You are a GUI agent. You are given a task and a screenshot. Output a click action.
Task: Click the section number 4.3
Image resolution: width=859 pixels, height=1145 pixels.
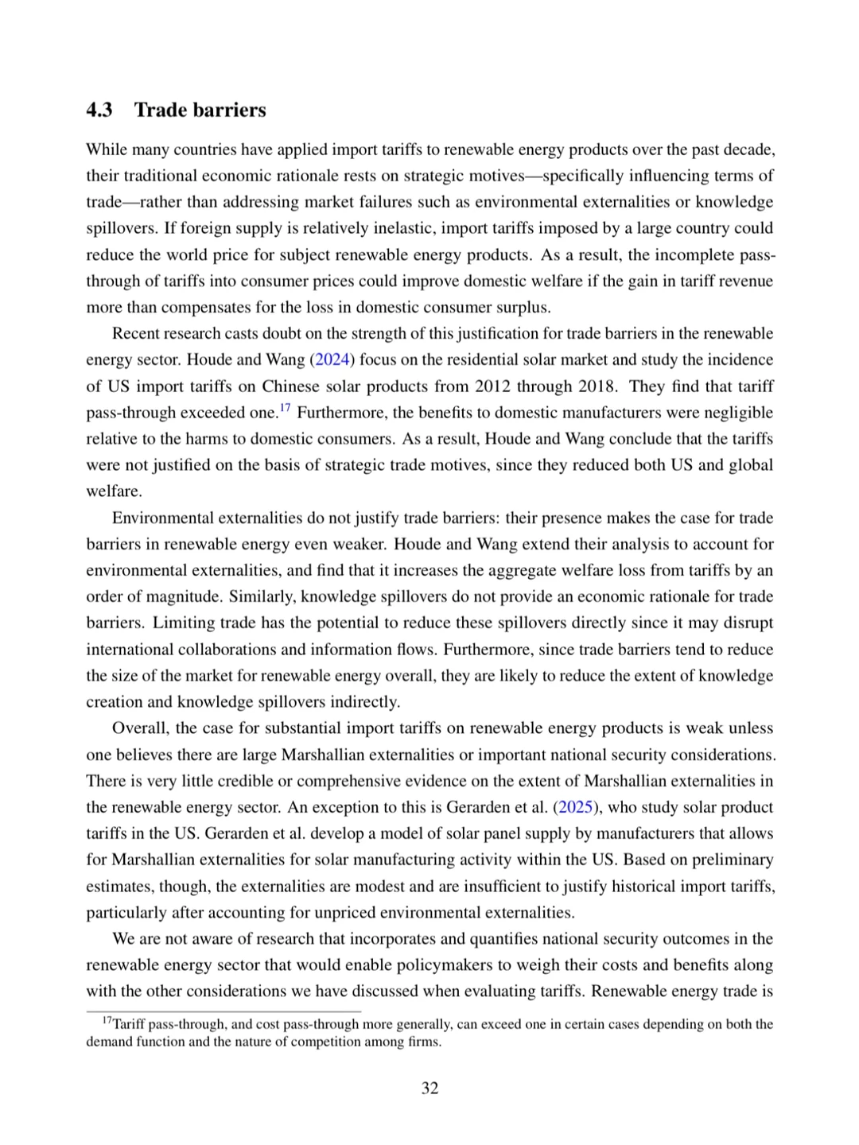point(99,110)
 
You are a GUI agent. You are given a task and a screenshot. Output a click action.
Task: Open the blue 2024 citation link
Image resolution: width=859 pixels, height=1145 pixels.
point(332,359)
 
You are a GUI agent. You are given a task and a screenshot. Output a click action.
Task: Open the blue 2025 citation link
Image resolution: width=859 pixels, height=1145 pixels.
point(575,807)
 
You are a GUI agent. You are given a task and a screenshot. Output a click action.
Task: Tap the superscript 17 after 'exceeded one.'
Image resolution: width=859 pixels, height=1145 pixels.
point(285,408)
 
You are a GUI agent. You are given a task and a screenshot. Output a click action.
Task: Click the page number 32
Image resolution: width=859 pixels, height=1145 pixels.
point(429,1088)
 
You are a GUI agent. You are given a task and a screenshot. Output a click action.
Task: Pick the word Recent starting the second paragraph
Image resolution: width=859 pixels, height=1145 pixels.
point(138,333)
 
